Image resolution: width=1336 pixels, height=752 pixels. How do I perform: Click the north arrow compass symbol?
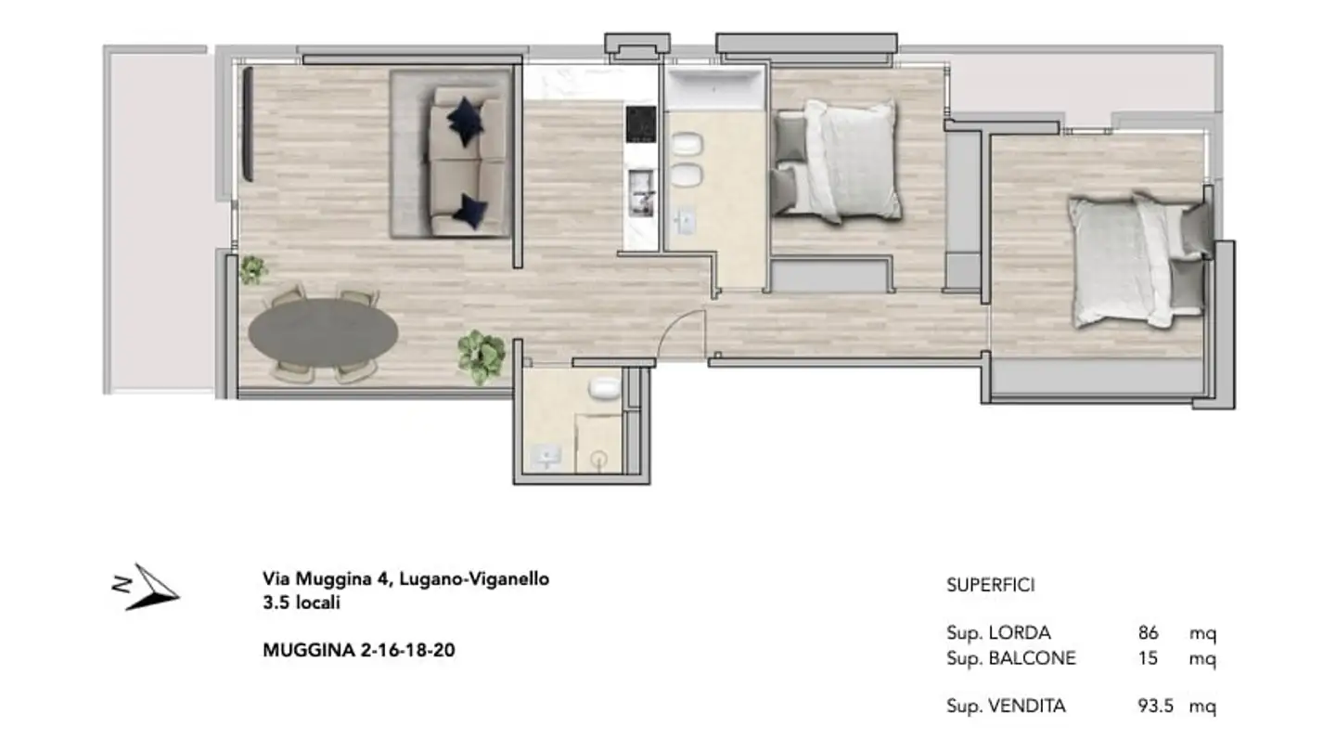pyautogui.click(x=149, y=588)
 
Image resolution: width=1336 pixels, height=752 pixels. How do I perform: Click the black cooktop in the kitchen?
pyautogui.click(x=641, y=123)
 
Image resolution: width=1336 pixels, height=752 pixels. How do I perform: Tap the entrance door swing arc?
pyautogui.click(x=682, y=332)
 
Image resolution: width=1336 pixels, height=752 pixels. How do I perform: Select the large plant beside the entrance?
pyautogui.click(x=482, y=357)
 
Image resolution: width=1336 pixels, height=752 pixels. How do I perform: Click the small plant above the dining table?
pyautogui.click(x=252, y=270)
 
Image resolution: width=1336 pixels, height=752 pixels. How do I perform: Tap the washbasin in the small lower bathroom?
pyautogui.click(x=547, y=456)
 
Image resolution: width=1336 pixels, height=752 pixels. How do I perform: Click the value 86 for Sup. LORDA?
pyautogui.click(x=1148, y=633)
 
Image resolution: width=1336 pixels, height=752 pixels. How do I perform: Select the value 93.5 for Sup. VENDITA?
pyautogui.click(x=1155, y=706)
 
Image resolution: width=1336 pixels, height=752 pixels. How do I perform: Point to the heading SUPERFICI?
pyautogui.click(x=990, y=585)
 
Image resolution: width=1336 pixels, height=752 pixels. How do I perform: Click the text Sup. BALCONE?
pyautogui.click(x=1010, y=658)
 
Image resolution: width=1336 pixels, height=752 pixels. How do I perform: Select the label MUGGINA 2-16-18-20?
pyautogui.click(x=359, y=650)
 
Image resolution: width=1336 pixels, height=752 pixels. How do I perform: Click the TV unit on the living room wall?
pyautogui.click(x=249, y=124)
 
